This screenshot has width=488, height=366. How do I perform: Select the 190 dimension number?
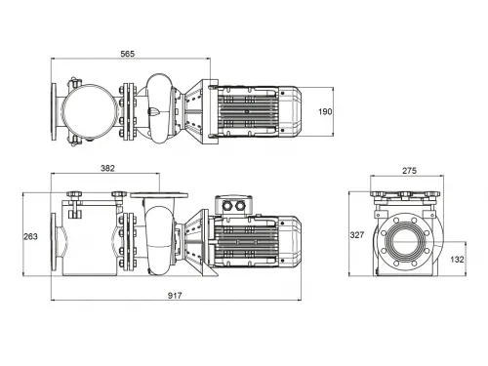(326, 111)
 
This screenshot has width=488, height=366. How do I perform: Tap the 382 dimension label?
(107, 169)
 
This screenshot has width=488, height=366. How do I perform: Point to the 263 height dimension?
(31, 235)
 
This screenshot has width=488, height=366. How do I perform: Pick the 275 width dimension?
(408, 171)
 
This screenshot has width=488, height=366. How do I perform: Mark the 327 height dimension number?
(359, 235)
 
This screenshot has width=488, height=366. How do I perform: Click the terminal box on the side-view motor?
(236, 205)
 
